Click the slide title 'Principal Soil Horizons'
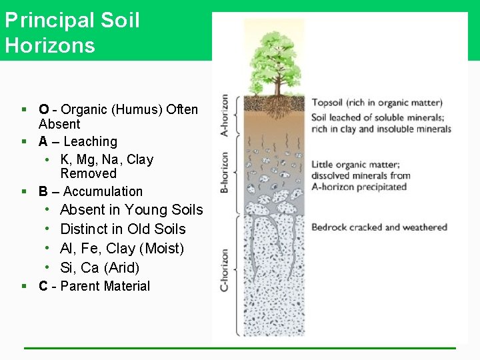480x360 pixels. (x=72, y=32)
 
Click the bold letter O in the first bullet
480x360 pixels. (x=43, y=109)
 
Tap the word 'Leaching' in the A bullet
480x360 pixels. (x=90, y=141)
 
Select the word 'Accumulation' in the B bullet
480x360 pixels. (x=103, y=191)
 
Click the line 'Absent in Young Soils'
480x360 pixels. (x=131, y=210)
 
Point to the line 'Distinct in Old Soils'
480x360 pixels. (x=123, y=229)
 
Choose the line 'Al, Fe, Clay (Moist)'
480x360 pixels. (x=122, y=249)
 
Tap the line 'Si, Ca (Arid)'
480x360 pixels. (x=100, y=268)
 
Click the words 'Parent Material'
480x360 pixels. (x=105, y=286)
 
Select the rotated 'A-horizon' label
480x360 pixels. (x=225, y=115)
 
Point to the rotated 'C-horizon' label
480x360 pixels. (x=225, y=270)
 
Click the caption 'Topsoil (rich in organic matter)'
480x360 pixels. (x=377, y=103)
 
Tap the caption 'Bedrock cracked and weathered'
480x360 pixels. (x=379, y=227)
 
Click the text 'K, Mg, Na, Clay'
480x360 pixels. (x=107, y=159)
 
